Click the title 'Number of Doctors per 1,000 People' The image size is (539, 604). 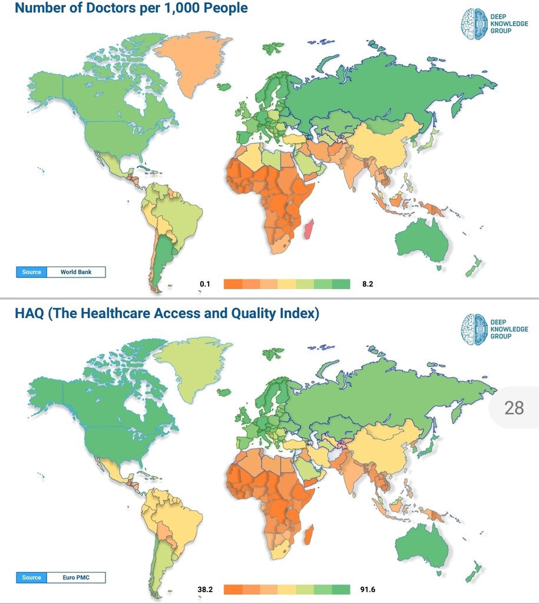[x=131, y=8]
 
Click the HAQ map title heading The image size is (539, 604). [x=167, y=313]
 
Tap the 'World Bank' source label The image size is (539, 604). [x=76, y=272]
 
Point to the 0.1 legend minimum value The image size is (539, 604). [x=205, y=284]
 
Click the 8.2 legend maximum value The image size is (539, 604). [x=368, y=284]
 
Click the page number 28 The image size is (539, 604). [x=514, y=407]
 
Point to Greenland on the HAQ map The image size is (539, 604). [x=192, y=366]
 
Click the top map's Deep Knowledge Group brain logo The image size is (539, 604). [x=474, y=24]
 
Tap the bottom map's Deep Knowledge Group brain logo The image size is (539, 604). [x=474, y=329]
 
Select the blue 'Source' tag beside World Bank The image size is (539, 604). [x=32, y=272]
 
